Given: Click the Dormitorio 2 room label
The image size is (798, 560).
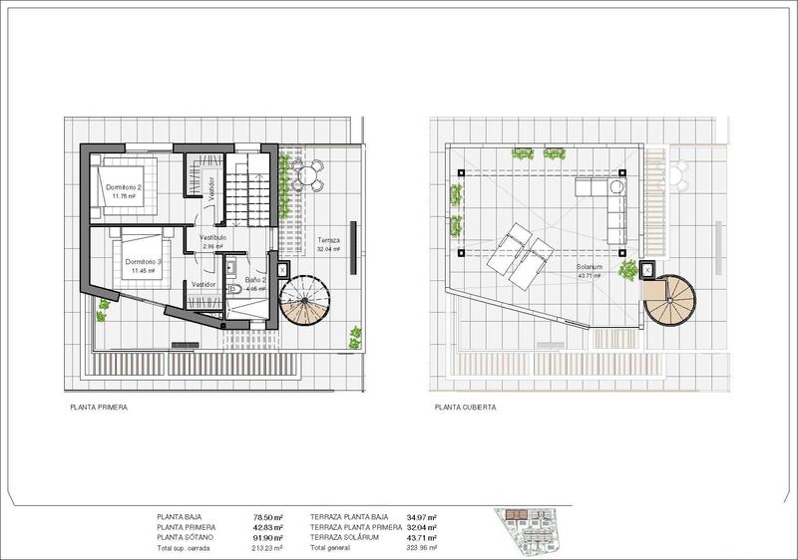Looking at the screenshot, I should tap(127, 187).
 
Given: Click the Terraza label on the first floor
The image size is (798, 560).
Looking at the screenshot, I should tap(329, 241).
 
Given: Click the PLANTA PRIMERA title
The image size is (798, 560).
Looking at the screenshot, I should tap(98, 408).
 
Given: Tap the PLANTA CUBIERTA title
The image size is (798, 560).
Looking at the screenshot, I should tap(465, 408).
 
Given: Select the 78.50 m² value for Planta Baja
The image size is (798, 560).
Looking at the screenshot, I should tap(269, 517).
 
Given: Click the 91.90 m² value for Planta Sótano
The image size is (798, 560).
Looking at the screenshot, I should tap(269, 538).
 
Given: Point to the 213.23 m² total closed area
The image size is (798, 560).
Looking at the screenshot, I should tap(267, 548).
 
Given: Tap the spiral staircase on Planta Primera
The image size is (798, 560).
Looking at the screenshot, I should tap(304, 301).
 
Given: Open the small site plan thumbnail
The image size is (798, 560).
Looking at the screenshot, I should tap(529, 528).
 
